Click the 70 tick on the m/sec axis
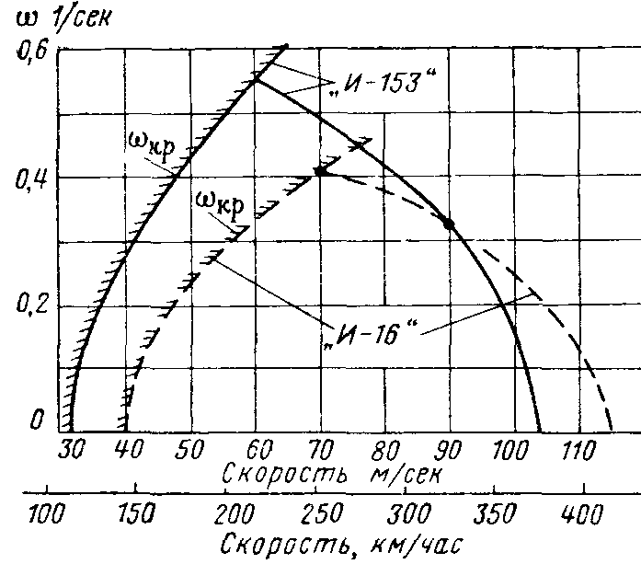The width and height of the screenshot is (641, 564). tap(318, 451)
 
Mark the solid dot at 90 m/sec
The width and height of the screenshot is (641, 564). tap(449, 224)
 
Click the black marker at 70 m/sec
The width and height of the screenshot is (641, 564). tap(320, 171)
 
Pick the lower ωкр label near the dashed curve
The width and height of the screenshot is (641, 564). tap(221, 204)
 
